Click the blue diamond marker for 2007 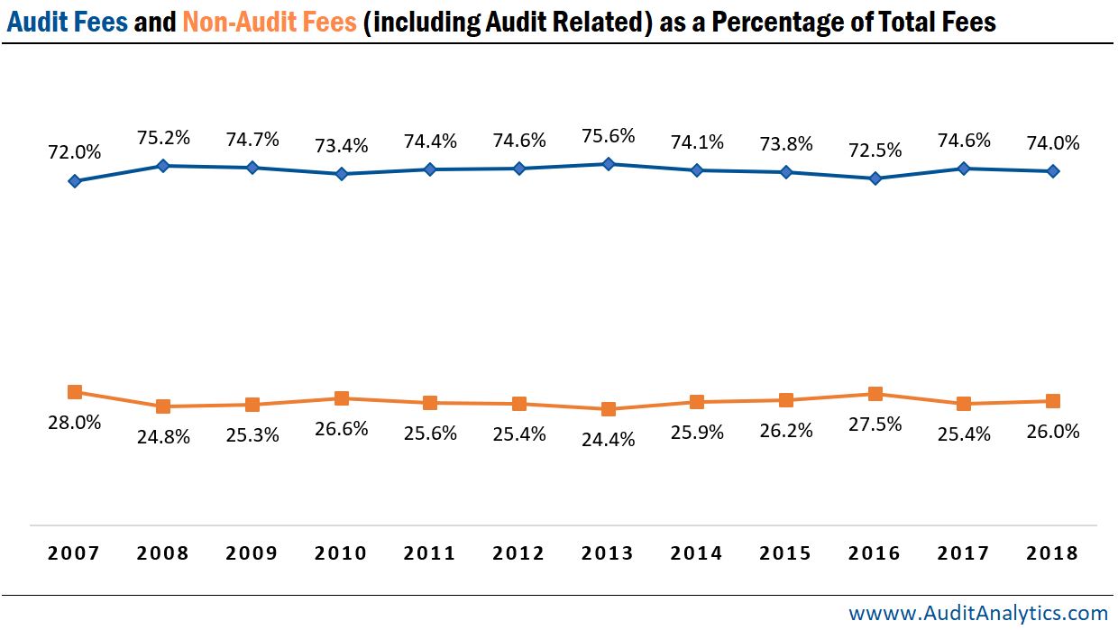point(75,181)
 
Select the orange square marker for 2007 point(75,392)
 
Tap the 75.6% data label point(608,136)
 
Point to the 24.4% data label point(608,440)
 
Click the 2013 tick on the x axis point(608,553)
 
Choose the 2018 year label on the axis point(1052,553)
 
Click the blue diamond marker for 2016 point(875,178)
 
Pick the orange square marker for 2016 point(875,394)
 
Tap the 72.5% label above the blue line point(875,150)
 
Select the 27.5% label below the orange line point(875,425)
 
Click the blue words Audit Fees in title point(68,22)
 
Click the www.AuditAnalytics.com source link point(978,614)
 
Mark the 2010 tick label point(341,553)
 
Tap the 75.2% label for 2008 point(163,138)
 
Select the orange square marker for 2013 point(608,409)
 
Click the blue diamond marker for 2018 point(1052,171)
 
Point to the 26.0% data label point(1052,432)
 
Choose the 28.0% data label point(75,422)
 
